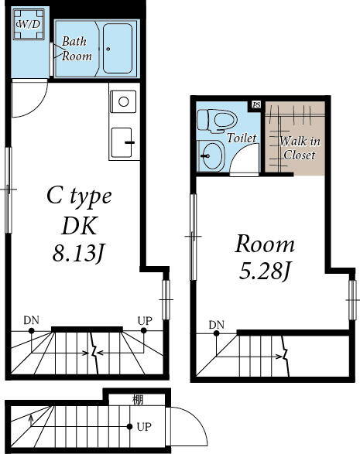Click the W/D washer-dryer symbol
tap(29, 24)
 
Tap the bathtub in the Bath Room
tap(118, 48)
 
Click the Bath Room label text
tap(77, 49)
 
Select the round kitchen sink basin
tap(123, 101)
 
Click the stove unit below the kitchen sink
tap(122, 142)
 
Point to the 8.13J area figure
tap(78, 254)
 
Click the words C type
tap(79, 196)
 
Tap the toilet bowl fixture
tap(217, 121)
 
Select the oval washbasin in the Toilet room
tap(211, 155)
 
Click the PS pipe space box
tap(256, 104)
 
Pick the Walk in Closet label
tap(300, 148)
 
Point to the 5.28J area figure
tap(265, 271)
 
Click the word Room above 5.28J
tap(265, 244)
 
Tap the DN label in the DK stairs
tap(31, 320)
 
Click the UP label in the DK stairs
tap(145, 321)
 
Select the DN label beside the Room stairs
tap(217, 325)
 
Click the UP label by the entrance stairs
tap(144, 427)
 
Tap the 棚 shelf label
tap(138, 400)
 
